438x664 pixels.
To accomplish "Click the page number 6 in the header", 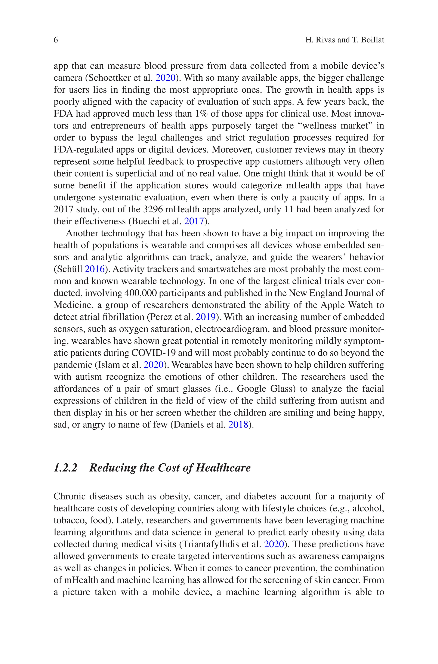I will coord(56,40).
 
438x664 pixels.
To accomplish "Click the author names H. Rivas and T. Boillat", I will coord(345,40).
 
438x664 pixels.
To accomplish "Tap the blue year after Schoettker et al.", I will coord(165,78).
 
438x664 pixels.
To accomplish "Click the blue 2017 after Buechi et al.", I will coord(194,221).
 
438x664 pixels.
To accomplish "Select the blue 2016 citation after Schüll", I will coord(95,269).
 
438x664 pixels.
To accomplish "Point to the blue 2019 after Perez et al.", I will coord(206,317).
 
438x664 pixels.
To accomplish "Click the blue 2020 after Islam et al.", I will coord(153,365).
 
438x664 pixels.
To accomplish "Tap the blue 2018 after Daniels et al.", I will coord(238,425).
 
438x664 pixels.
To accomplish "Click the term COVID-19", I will coord(153,353).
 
